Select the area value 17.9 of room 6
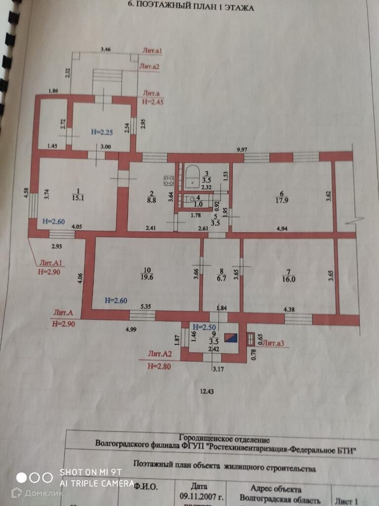click(x=282, y=200)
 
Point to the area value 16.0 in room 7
click(x=289, y=279)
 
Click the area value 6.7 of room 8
click(x=221, y=278)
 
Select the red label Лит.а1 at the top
click(x=152, y=51)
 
